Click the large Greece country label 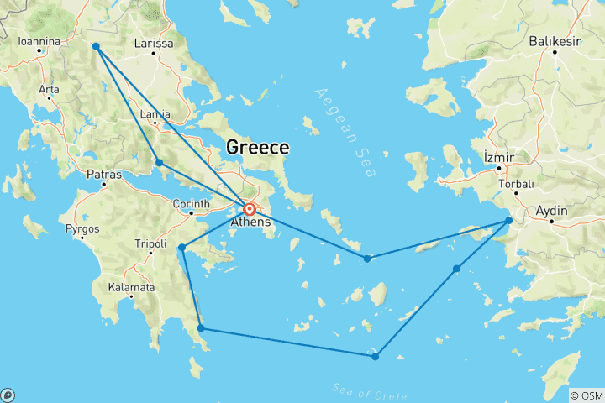click(257, 148)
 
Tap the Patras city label click(104, 175)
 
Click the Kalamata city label click(131, 287)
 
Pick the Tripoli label click(150, 244)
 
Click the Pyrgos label click(83, 228)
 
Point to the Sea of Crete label click(369, 390)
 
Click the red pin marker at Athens click(250, 209)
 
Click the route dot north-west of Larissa click(96, 46)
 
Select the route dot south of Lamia click(159, 162)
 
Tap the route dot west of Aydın click(508, 221)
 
